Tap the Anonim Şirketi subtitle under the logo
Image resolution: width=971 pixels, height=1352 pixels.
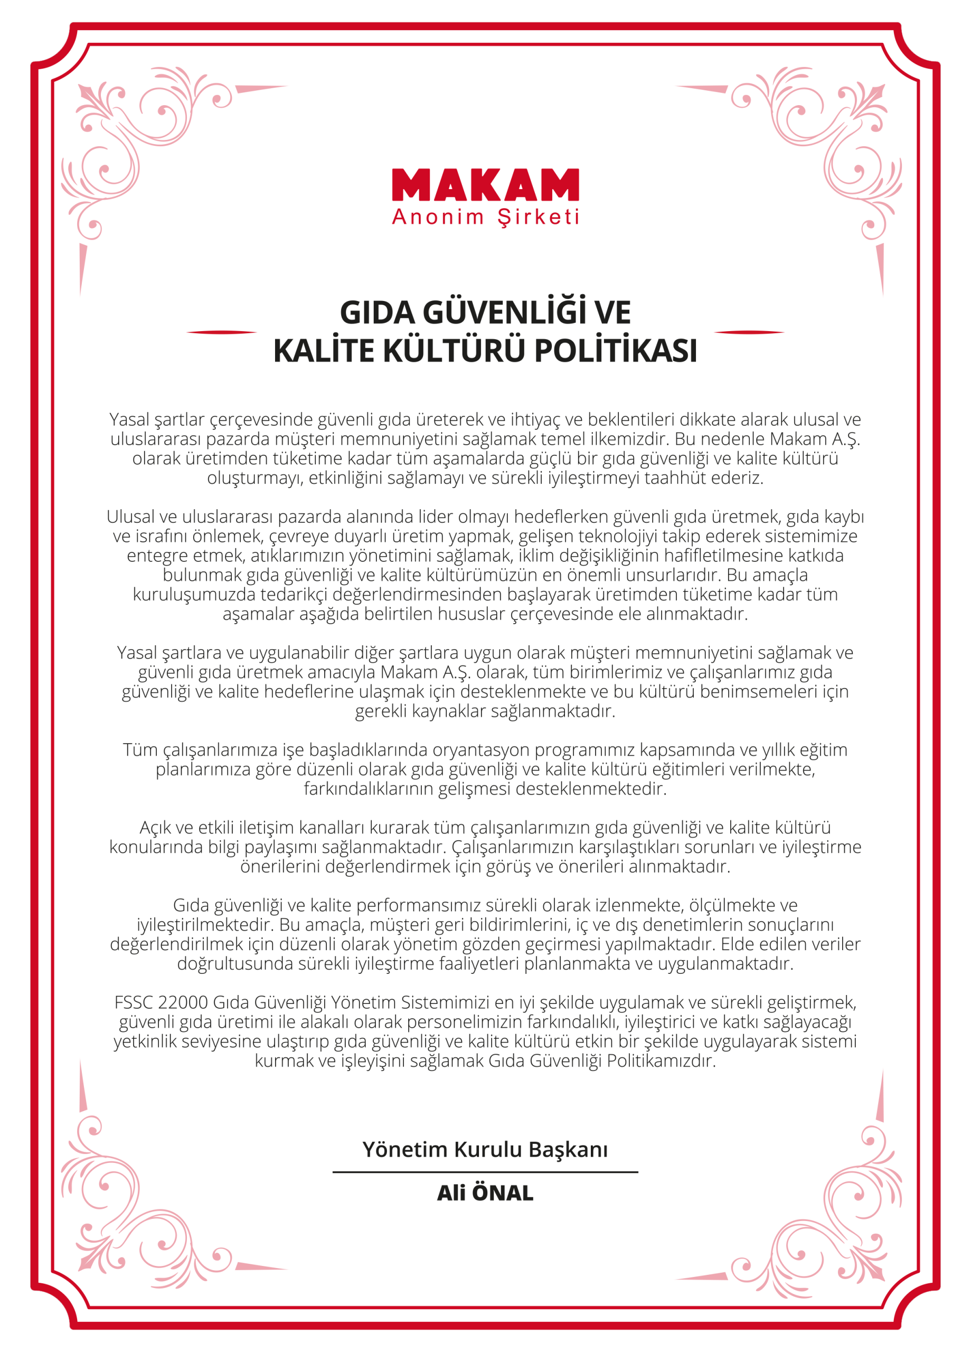coord(485,217)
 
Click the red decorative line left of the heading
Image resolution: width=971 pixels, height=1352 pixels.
coord(222,332)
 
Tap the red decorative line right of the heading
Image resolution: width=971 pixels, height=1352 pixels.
coord(749,332)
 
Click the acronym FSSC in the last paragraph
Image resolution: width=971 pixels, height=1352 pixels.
coord(130,1003)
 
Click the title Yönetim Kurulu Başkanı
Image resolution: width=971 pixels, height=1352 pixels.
coord(485,1149)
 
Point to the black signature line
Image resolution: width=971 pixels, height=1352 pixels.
coord(485,1172)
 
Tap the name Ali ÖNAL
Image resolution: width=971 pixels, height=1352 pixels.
coord(485,1194)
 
